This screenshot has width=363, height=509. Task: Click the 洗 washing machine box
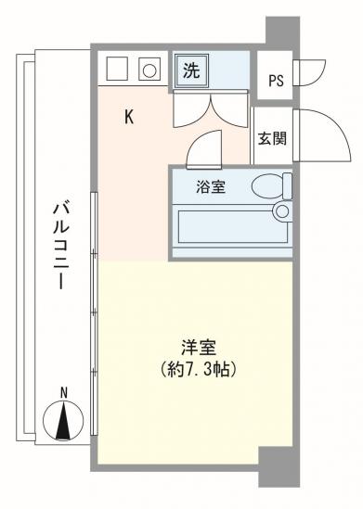(190, 70)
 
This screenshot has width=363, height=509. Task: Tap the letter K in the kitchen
(131, 117)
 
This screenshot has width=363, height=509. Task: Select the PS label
(275, 80)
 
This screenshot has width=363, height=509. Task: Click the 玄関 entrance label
(271, 138)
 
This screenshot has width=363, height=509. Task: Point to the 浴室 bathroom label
(209, 186)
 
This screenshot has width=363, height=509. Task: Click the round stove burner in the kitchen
(148, 69)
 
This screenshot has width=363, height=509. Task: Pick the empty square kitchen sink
(116, 69)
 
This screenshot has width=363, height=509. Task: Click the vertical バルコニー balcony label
(58, 245)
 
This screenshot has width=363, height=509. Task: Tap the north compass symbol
(63, 423)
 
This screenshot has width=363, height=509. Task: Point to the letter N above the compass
(63, 393)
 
